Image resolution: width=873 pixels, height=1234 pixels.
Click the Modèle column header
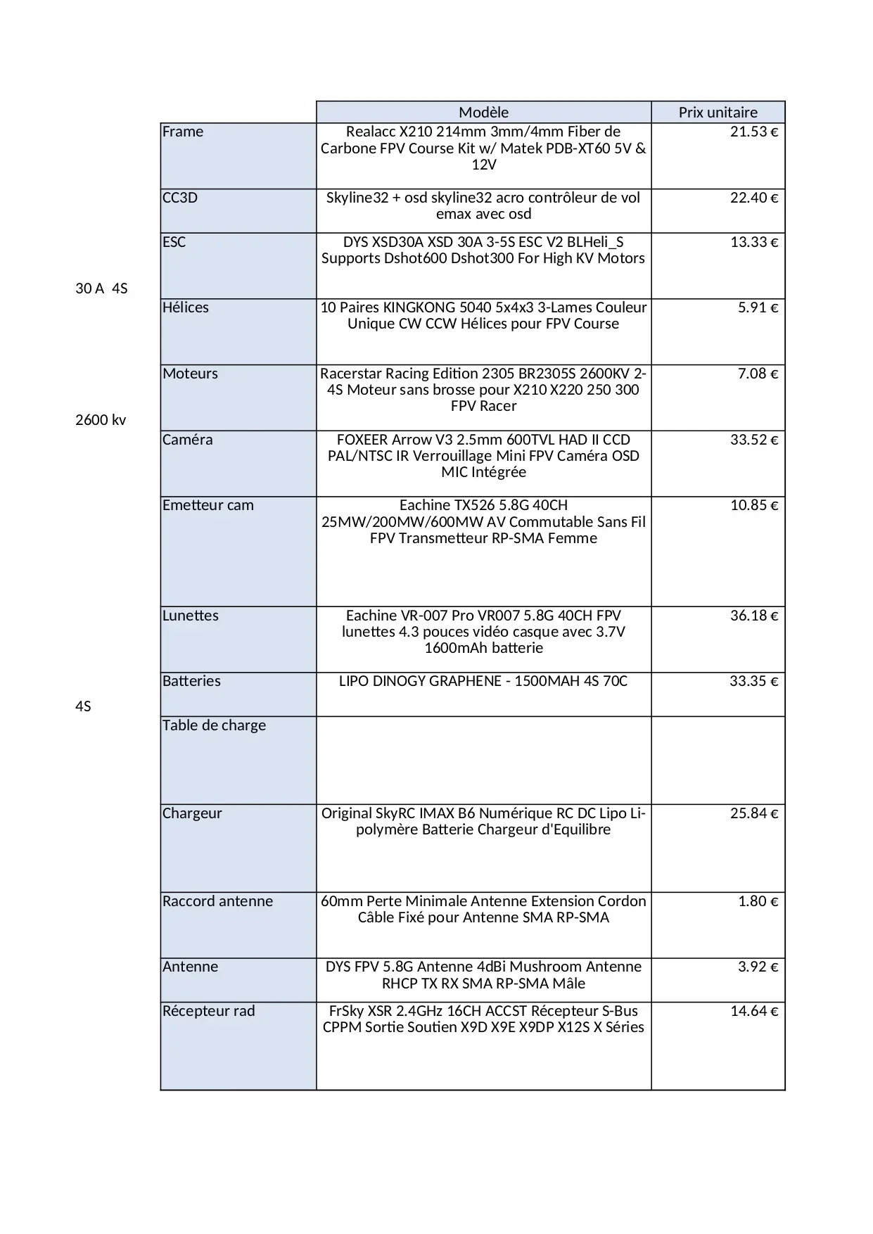(483, 113)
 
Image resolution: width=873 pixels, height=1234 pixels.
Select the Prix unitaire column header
(718, 113)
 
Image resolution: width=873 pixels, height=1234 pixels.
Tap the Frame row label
(183, 132)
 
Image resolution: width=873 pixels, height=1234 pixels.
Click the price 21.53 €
(753, 132)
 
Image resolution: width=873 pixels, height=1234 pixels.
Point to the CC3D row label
(180, 198)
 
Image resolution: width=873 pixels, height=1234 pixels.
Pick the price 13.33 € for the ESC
(753, 242)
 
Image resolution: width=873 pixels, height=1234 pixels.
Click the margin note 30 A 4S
(101, 288)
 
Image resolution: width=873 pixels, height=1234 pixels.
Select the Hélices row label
(186, 307)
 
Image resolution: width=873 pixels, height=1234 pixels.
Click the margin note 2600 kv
(101, 420)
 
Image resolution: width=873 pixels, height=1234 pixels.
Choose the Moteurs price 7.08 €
(758, 374)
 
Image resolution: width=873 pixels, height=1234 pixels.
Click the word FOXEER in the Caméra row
(364, 440)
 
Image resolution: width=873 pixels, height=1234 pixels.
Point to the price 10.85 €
(753, 505)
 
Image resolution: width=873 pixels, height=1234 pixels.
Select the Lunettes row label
(191, 616)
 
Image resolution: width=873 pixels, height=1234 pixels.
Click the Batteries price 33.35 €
(753, 681)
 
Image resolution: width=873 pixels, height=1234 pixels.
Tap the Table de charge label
(214, 725)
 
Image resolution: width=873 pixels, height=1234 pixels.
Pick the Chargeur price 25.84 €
(753, 813)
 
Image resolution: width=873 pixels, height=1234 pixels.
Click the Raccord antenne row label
(217, 901)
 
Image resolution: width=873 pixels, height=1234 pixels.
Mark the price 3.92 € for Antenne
(758, 967)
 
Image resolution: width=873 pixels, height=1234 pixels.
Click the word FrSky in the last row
(346, 1011)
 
